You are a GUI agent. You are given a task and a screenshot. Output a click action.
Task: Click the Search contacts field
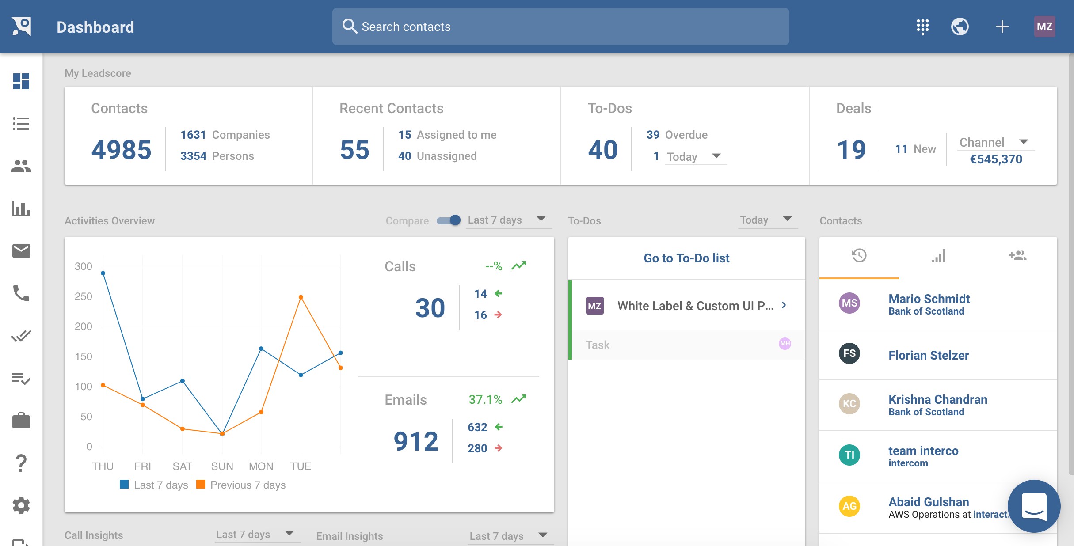(560, 27)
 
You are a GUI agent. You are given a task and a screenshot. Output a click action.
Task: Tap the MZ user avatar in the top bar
(1044, 27)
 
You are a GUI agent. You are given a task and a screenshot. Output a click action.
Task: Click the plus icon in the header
(1002, 27)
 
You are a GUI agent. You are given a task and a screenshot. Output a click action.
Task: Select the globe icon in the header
(960, 27)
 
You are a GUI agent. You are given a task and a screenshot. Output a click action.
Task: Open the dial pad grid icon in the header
(922, 27)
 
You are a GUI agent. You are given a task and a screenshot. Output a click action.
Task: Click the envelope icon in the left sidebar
(21, 251)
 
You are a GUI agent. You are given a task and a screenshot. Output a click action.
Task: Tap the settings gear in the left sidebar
(21, 505)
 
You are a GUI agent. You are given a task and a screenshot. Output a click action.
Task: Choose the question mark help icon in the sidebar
(21, 463)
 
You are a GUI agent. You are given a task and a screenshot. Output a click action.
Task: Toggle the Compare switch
(449, 220)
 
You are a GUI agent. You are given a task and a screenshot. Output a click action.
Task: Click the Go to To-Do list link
(686, 258)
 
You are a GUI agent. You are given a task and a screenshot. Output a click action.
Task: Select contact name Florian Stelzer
(929, 355)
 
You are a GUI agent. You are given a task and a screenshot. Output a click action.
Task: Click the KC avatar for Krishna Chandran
(849, 404)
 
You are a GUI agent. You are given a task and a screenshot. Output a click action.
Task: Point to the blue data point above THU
(103, 273)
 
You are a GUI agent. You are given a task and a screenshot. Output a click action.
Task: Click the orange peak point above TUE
(301, 297)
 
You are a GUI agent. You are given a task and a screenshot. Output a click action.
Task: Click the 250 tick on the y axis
(84, 296)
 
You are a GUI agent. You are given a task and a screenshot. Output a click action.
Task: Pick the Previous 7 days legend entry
(241, 485)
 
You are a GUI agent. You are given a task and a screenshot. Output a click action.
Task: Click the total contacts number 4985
(121, 149)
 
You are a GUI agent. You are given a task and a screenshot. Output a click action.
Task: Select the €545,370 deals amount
(996, 159)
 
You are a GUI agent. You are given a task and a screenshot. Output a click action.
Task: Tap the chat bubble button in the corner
(1034, 506)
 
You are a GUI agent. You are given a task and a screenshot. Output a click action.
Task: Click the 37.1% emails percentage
(485, 399)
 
